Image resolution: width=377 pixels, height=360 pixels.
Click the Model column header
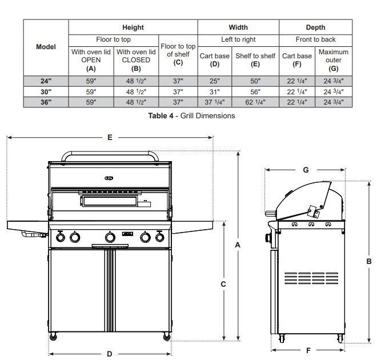point(46,47)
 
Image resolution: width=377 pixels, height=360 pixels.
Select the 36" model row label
point(46,102)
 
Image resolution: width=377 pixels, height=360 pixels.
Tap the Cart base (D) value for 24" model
point(214,81)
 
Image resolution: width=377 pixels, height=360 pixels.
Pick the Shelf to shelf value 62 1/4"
point(255,102)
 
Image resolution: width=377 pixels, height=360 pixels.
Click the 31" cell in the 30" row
point(214,92)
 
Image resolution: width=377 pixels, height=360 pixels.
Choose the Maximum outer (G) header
point(334,60)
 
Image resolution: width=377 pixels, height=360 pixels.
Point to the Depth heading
point(315,27)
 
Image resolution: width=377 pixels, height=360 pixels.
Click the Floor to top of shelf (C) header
point(178,54)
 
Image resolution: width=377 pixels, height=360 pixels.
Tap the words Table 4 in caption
point(161,115)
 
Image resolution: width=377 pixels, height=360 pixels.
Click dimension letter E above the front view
point(110,137)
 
